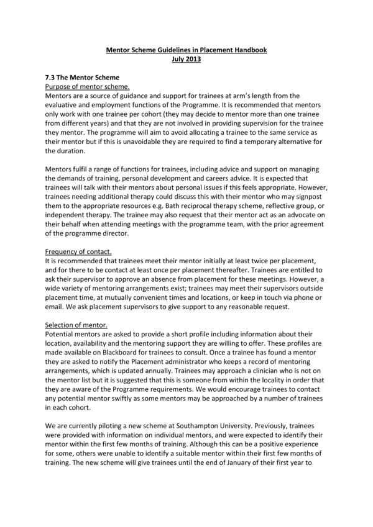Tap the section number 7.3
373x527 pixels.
(52, 78)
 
